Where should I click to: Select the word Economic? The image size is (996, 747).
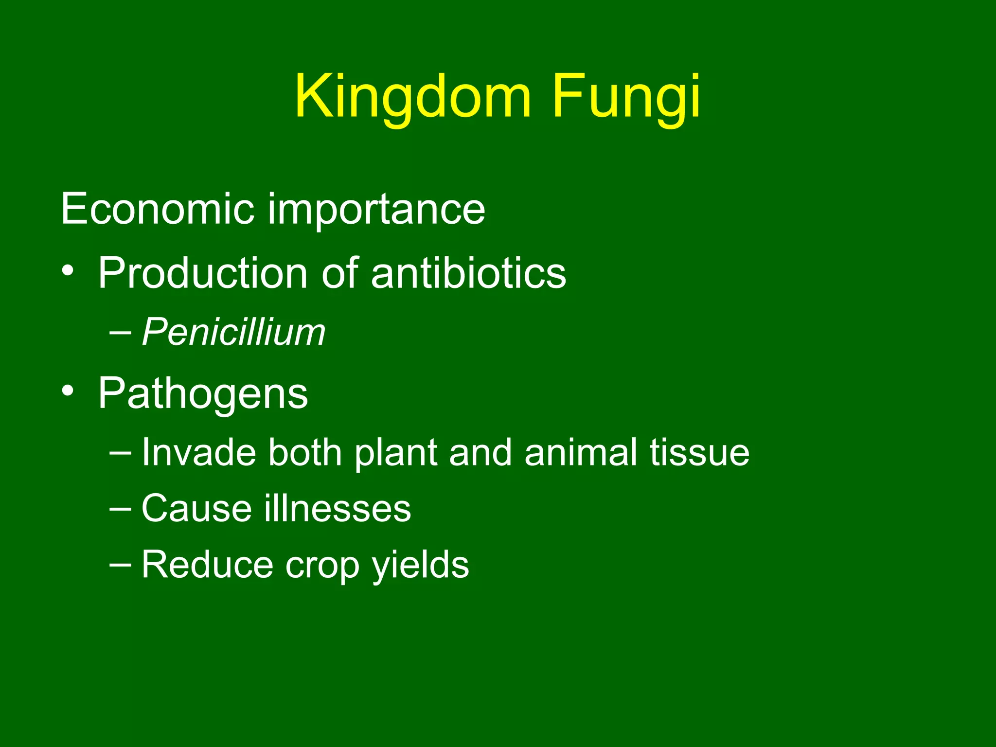[x=157, y=209]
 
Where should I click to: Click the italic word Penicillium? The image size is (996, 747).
[x=233, y=333]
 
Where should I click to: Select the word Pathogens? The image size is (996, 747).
[x=203, y=394]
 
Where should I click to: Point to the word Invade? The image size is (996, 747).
[x=198, y=453]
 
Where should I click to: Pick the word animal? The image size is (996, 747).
[x=581, y=453]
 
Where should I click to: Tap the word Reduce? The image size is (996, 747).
[x=207, y=565]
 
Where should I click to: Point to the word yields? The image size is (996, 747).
[x=420, y=566]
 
